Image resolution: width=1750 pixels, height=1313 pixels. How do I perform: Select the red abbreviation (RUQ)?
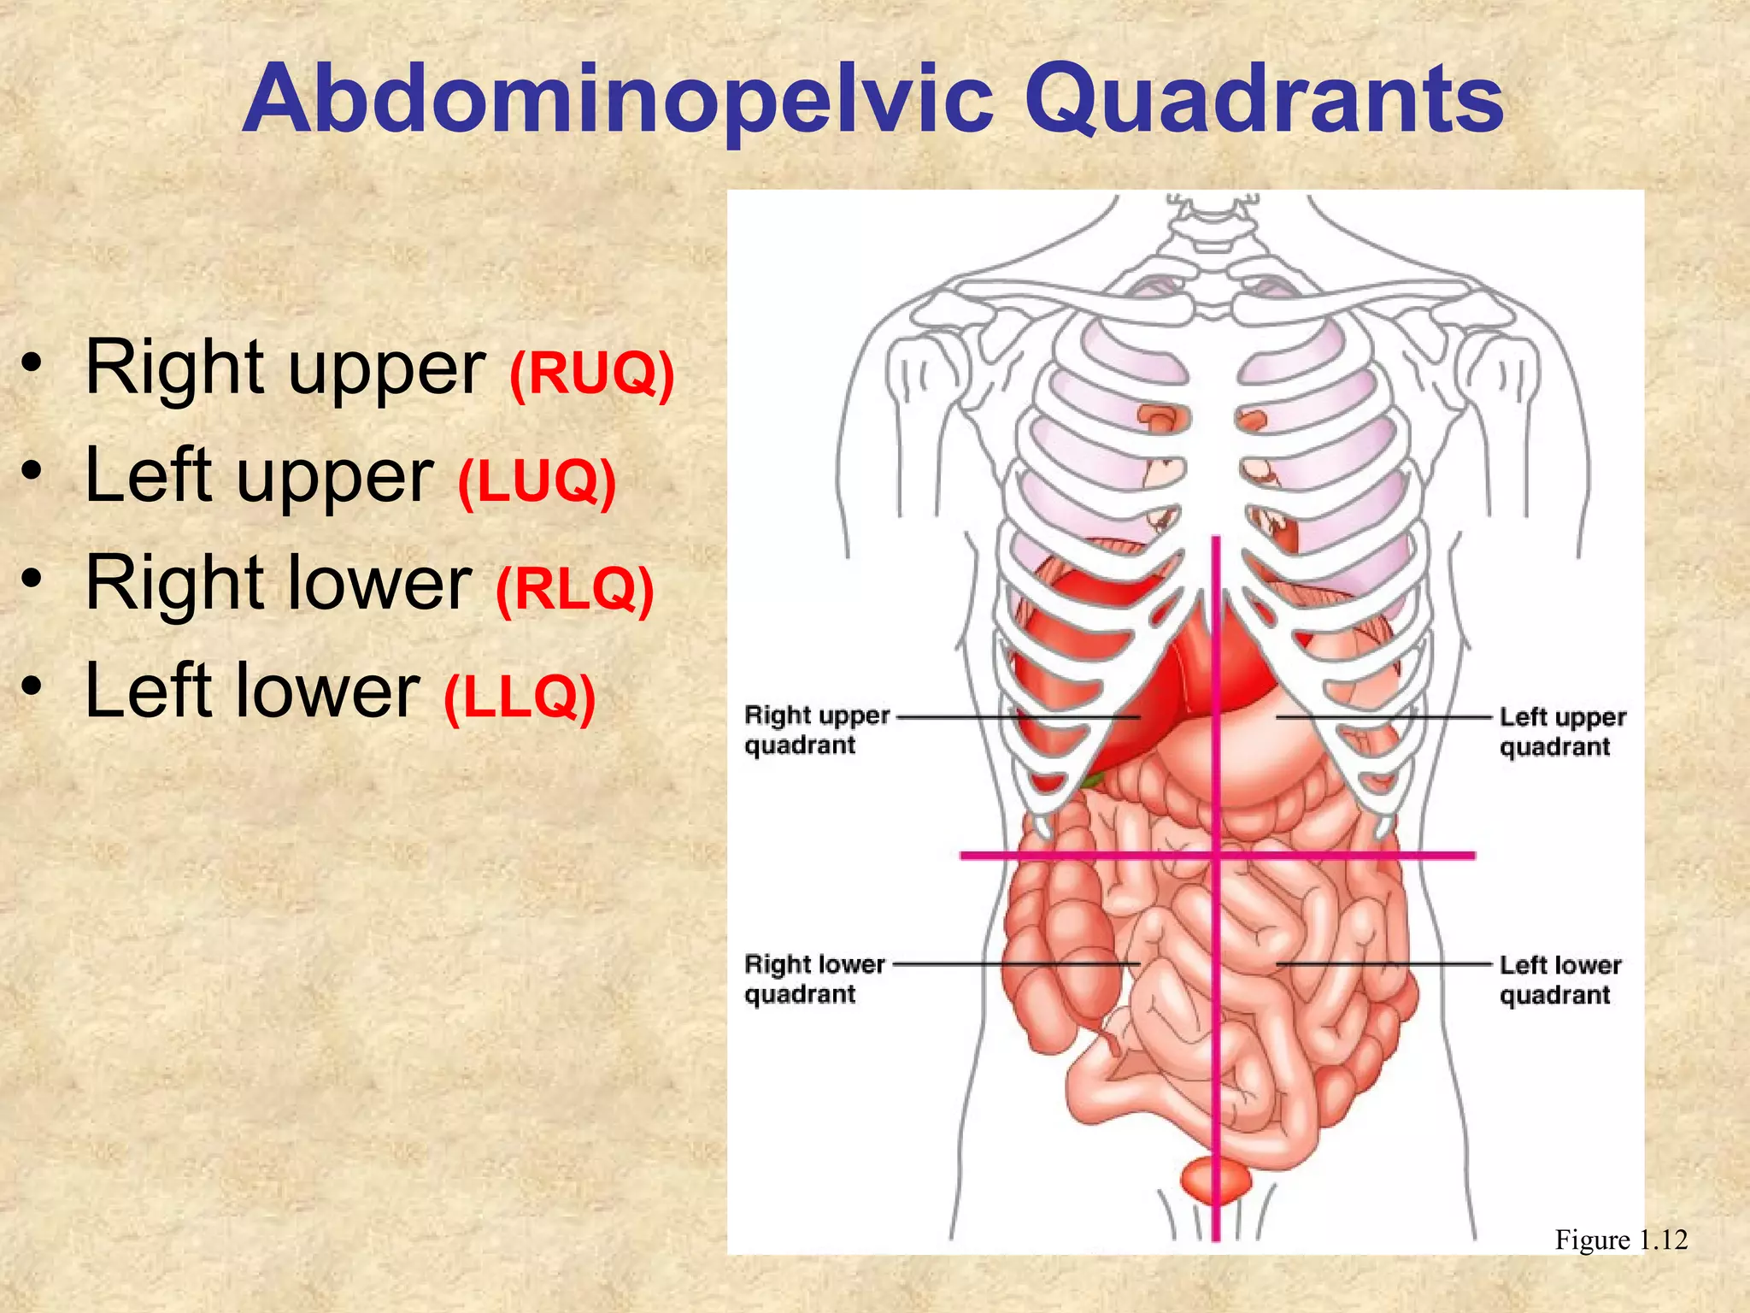(591, 373)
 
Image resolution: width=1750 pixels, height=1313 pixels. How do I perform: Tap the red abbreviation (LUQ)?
(537, 480)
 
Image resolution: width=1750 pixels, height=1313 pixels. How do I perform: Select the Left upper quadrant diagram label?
(1562, 732)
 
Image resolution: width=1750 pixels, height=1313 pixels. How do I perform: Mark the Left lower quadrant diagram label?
(1559, 980)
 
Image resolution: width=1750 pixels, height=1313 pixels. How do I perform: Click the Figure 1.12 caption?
(1620, 1239)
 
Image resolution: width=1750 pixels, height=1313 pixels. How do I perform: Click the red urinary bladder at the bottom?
(1214, 1180)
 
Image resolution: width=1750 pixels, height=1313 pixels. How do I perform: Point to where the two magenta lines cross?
(1216, 855)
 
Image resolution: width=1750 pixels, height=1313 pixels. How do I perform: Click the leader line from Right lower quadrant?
(1017, 963)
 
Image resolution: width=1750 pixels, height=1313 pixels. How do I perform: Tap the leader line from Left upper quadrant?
(1384, 717)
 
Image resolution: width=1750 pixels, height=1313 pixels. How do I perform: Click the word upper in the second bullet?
(335, 479)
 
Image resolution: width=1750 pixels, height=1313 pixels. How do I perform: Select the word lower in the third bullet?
(376, 583)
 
